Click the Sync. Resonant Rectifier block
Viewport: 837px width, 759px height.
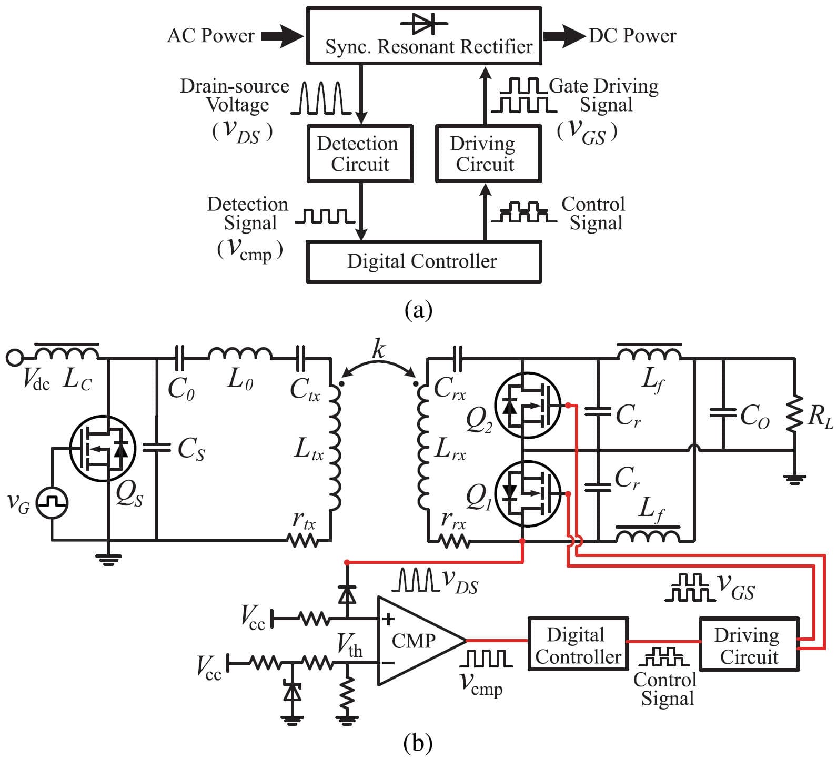[x=424, y=36]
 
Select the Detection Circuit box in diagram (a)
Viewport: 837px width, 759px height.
[x=359, y=154]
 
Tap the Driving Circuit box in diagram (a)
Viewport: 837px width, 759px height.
[x=488, y=154]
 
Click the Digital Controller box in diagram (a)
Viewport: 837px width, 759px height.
[x=423, y=261]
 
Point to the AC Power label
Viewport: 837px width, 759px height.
[x=210, y=36]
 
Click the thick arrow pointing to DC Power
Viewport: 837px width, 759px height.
[x=563, y=36]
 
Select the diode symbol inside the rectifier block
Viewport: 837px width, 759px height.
[x=424, y=23]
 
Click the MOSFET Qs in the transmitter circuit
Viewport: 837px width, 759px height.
[x=102, y=449]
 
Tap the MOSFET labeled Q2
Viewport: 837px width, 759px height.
[x=528, y=405]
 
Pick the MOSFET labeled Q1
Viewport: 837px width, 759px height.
[x=528, y=493]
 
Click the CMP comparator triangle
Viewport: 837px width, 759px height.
[x=416, y=641]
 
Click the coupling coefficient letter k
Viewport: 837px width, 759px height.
[x=378, y=349]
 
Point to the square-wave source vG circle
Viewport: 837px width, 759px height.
[x=52, y=503]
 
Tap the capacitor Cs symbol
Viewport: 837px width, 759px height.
[x=157, y=448]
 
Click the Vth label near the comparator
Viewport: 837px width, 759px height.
[x=349, y=644]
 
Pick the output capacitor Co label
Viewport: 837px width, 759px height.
[x=754, y=417]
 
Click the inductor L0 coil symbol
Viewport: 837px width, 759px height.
[x=240, y=354]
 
